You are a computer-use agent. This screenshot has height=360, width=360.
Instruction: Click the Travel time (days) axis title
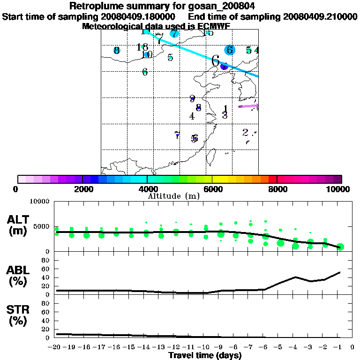[205, 356]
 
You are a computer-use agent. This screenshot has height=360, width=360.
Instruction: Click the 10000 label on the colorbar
[339, 189]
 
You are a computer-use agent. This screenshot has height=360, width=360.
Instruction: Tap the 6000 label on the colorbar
[212, 189]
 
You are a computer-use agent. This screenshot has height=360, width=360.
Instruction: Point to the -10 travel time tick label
[204, 347]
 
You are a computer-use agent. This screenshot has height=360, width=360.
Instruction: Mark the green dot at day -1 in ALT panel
[340, 247]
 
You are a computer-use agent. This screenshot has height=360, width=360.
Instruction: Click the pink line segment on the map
[248, 106]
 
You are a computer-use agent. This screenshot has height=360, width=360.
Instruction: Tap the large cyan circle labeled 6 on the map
[229, 50]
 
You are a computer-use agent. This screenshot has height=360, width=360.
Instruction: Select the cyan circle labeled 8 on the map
[117, 51]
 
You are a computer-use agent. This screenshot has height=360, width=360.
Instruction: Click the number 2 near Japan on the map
[245, 132]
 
